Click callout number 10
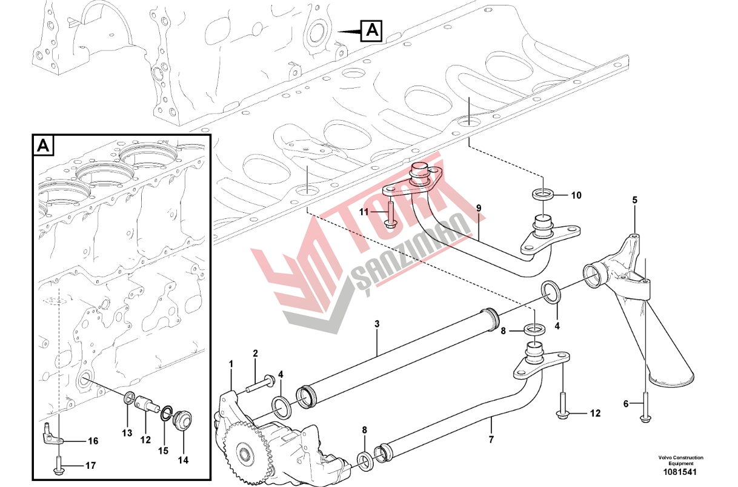point(576,195)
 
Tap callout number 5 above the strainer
point(635,200)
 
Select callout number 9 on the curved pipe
point(479,208)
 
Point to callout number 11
point(364,212)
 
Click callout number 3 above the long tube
point(377,323)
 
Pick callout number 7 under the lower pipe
point(491,440)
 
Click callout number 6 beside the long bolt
point(626,403)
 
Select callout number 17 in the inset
point(90,466)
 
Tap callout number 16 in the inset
point(93,441)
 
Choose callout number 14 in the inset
point(183,460)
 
